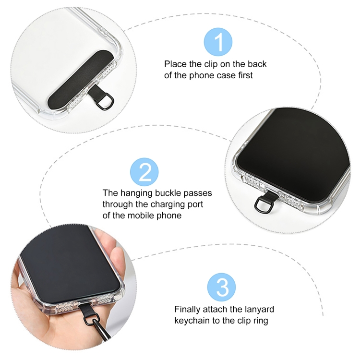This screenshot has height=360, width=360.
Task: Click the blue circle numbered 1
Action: tap(218, 42)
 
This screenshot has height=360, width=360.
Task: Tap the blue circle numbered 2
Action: tap(144, 172)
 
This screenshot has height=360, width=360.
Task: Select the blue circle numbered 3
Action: tap(222, 287)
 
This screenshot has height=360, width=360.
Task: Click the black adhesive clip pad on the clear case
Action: tap(80, 80)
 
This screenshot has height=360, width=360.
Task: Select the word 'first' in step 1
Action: tap(245, 75)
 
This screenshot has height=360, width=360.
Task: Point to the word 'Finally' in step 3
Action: tap(187, 309)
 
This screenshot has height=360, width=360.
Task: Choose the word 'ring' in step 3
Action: tap(260, 321)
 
